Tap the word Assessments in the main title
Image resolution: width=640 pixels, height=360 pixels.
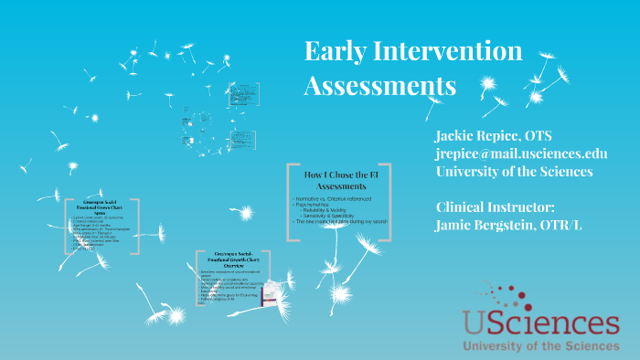pyautogui.click(x=379, y=86)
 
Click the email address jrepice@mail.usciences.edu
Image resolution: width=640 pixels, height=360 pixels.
pyautogui.click(x=521, y=154)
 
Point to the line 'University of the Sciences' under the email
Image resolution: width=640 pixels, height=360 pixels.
pyautogui.click(x=513, y=171)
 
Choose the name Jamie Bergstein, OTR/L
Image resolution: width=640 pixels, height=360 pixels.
pyautogui.click(x=512, y=224)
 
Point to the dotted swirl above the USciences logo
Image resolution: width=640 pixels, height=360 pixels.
pyautogui.click(x=499, y=294)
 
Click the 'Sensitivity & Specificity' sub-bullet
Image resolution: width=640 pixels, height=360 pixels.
pyautogui.click(x=333, y=217)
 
